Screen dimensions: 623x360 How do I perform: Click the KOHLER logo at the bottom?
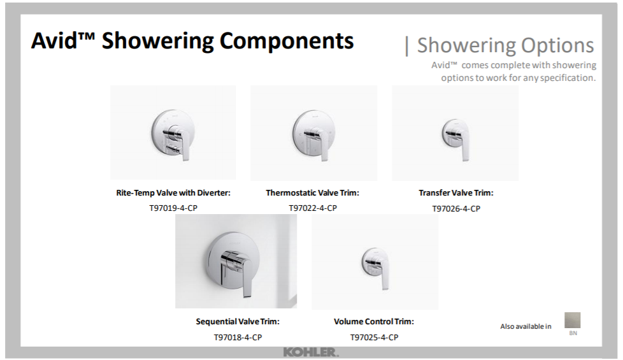311,352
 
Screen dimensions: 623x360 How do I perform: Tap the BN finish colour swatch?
573,320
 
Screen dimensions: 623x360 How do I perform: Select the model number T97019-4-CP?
173,208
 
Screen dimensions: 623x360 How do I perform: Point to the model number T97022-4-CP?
313,208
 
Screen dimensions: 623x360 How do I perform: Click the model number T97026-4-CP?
456,208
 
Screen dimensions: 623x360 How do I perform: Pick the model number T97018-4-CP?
238,337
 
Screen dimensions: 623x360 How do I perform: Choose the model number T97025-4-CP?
375,337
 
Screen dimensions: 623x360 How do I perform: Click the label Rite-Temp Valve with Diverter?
173,192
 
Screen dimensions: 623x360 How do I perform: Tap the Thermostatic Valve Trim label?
312,192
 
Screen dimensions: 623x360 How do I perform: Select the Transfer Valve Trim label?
456,192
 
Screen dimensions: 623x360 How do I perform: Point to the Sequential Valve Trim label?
238,322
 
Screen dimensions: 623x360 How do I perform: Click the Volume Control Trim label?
374,322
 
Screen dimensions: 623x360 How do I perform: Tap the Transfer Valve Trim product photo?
455,133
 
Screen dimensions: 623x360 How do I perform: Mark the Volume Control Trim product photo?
375,262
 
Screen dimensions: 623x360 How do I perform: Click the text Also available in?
526,327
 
